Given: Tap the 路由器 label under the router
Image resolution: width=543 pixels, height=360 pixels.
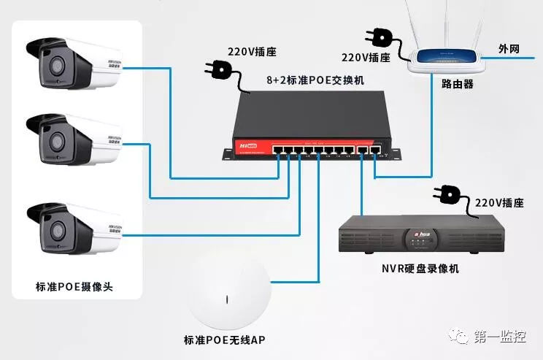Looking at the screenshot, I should pyautogui.click(x=457, y=84).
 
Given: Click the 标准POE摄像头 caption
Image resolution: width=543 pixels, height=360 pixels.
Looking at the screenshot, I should pyautogui.click(x=79, y=287).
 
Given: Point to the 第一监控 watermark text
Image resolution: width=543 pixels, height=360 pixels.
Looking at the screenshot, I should pyautogui.click(x=500, y=336).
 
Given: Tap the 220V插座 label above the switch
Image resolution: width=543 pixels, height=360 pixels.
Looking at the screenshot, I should pyautogui.click(x=253, y=53).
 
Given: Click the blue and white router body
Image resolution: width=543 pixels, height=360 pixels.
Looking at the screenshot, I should pyautogui.click(x=445, y=57).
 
